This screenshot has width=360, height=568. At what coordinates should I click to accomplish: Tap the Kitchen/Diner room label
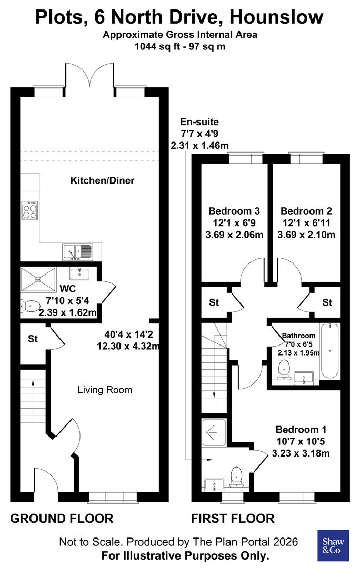103,181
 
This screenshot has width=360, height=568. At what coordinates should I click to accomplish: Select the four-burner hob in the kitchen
29,211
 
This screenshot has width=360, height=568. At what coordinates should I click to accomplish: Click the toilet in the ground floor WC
29,305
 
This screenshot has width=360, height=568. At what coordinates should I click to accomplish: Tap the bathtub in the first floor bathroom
331,351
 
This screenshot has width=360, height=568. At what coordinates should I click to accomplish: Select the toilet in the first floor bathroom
284,369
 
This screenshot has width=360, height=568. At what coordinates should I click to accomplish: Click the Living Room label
105,390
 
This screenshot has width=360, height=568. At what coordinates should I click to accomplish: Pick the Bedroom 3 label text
233,211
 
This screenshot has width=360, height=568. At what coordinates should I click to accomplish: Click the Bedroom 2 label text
306,211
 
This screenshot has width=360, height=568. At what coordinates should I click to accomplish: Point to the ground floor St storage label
33,339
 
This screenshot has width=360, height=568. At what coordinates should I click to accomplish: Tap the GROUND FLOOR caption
62,519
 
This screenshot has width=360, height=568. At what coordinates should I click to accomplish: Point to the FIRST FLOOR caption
233,519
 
